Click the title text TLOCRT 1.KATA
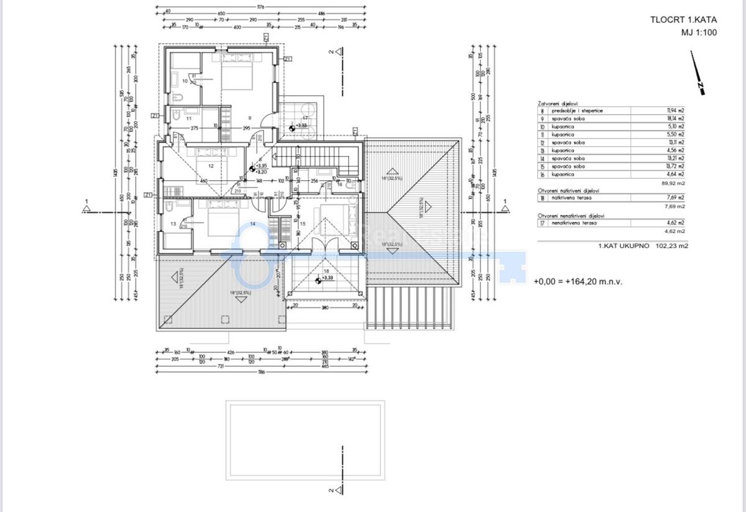[683, 19]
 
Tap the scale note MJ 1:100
[699, 32]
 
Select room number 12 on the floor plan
[211, 166]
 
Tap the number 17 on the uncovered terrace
[305, 117]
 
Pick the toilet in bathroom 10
[178, 97]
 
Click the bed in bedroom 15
[336, 222]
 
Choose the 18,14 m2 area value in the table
[676, 118]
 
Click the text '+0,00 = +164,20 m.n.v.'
[578, 281]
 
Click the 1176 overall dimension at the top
[260, 7]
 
